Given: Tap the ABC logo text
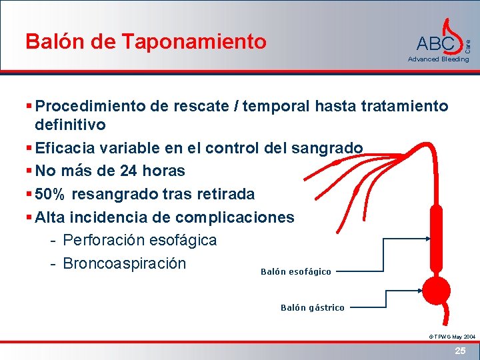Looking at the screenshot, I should pyautogui.click(x=435, y=44).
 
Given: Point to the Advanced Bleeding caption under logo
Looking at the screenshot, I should pyautogui.click(x=438, y=59).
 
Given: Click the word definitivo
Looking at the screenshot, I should pyautogui.click(x=70, y=125).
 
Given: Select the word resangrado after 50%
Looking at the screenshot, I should pyautogui.click(x=110, y=194).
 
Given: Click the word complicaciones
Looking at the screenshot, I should pyautogui.click(x=234, y=217).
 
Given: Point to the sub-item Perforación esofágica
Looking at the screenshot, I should pyautogui.click(x=139, y=239).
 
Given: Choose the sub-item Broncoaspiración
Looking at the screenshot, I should pyautogui.click(x=124, y=263).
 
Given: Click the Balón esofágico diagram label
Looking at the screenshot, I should pyautogui.click(x=295, y=272).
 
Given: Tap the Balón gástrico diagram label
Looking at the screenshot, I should pyautogui.click(x=312, y=307).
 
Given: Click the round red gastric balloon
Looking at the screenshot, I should pyautogui.click(x=438, y=291).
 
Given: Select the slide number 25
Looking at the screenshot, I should pyautogui.click(x=459, y=351).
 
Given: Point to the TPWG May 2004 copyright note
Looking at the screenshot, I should pyautogui.click(x=451, y=337).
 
